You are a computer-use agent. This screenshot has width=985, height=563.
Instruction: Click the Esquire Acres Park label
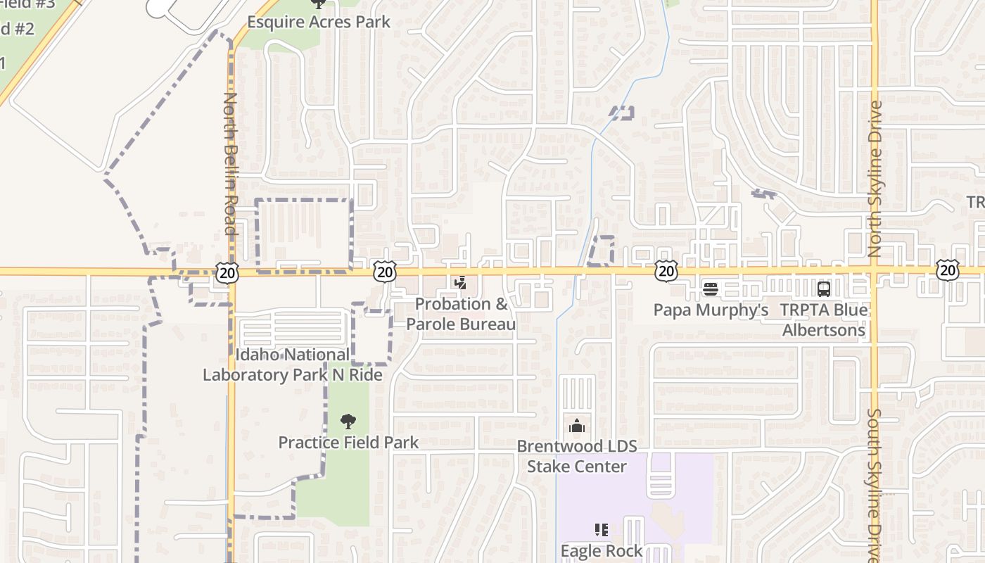pos(318,22)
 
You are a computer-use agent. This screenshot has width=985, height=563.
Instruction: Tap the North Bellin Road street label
pos(230,163)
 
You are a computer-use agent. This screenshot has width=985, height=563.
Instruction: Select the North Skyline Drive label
pos(875,179)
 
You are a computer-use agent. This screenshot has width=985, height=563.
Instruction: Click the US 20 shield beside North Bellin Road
pos(227,272)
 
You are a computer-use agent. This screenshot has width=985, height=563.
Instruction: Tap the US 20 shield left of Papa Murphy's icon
pos(666,271)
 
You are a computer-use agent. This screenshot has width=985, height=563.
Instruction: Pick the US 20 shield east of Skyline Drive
pos(947,270)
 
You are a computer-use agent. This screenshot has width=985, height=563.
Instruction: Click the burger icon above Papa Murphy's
pos(711,289)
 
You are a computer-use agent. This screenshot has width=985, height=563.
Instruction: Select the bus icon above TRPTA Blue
pos(823,289)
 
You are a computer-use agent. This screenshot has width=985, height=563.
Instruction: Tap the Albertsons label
pos(824,329)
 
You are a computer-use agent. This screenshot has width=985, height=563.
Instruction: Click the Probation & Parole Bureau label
pos(461,314)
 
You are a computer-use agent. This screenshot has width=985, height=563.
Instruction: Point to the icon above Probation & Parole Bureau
pos(461,284)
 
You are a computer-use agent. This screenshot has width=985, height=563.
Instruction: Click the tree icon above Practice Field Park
pos(348,422)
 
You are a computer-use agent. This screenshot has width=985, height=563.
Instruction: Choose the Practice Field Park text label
pos(348,443)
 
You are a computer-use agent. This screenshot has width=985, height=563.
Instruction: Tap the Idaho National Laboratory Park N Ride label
pos(293,365)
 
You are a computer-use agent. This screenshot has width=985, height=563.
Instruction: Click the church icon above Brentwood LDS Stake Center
pos(577,426)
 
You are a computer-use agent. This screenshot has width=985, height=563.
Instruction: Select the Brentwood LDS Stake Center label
pos(577,456)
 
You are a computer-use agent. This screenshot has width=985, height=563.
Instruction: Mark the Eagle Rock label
pos(602,550)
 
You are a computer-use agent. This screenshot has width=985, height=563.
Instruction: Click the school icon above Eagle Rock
pos(602,529)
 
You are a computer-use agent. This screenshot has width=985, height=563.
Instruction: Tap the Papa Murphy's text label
pos(711,310)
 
